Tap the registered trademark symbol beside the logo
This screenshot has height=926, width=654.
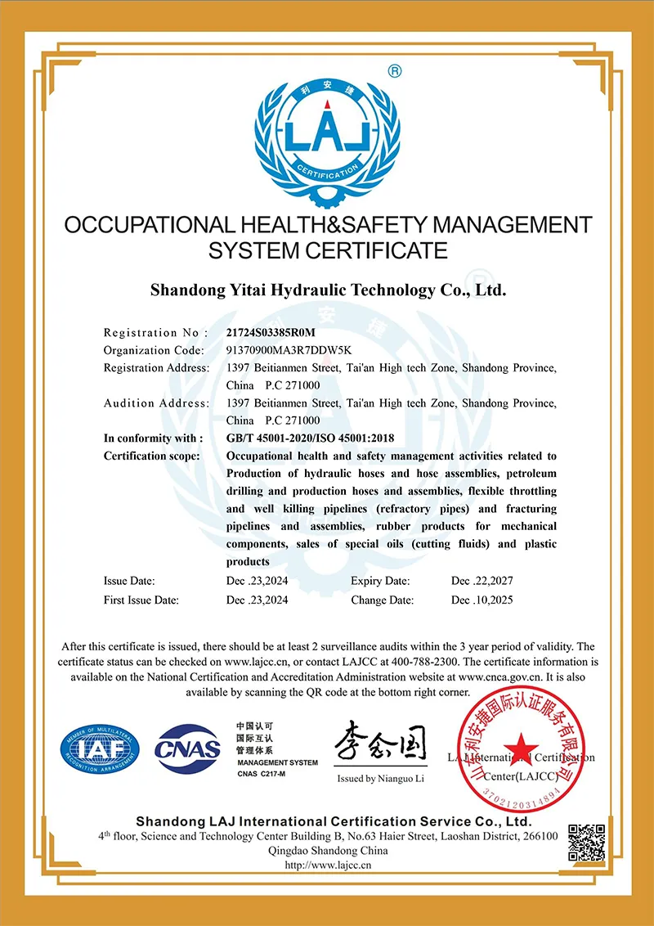point(395,71)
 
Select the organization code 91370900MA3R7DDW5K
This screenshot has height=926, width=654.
point(283,350)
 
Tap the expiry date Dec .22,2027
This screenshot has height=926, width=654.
point(482,581)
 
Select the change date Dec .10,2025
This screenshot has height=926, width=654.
point(482,600)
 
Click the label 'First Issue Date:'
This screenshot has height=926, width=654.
point(141,600)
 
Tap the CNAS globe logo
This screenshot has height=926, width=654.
point(189,746)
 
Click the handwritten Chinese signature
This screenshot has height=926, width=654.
point(379,741)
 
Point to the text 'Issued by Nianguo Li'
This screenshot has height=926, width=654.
point(381,779)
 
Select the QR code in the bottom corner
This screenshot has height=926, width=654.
point(586,843)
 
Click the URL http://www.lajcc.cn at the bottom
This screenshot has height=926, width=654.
point(328,864)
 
